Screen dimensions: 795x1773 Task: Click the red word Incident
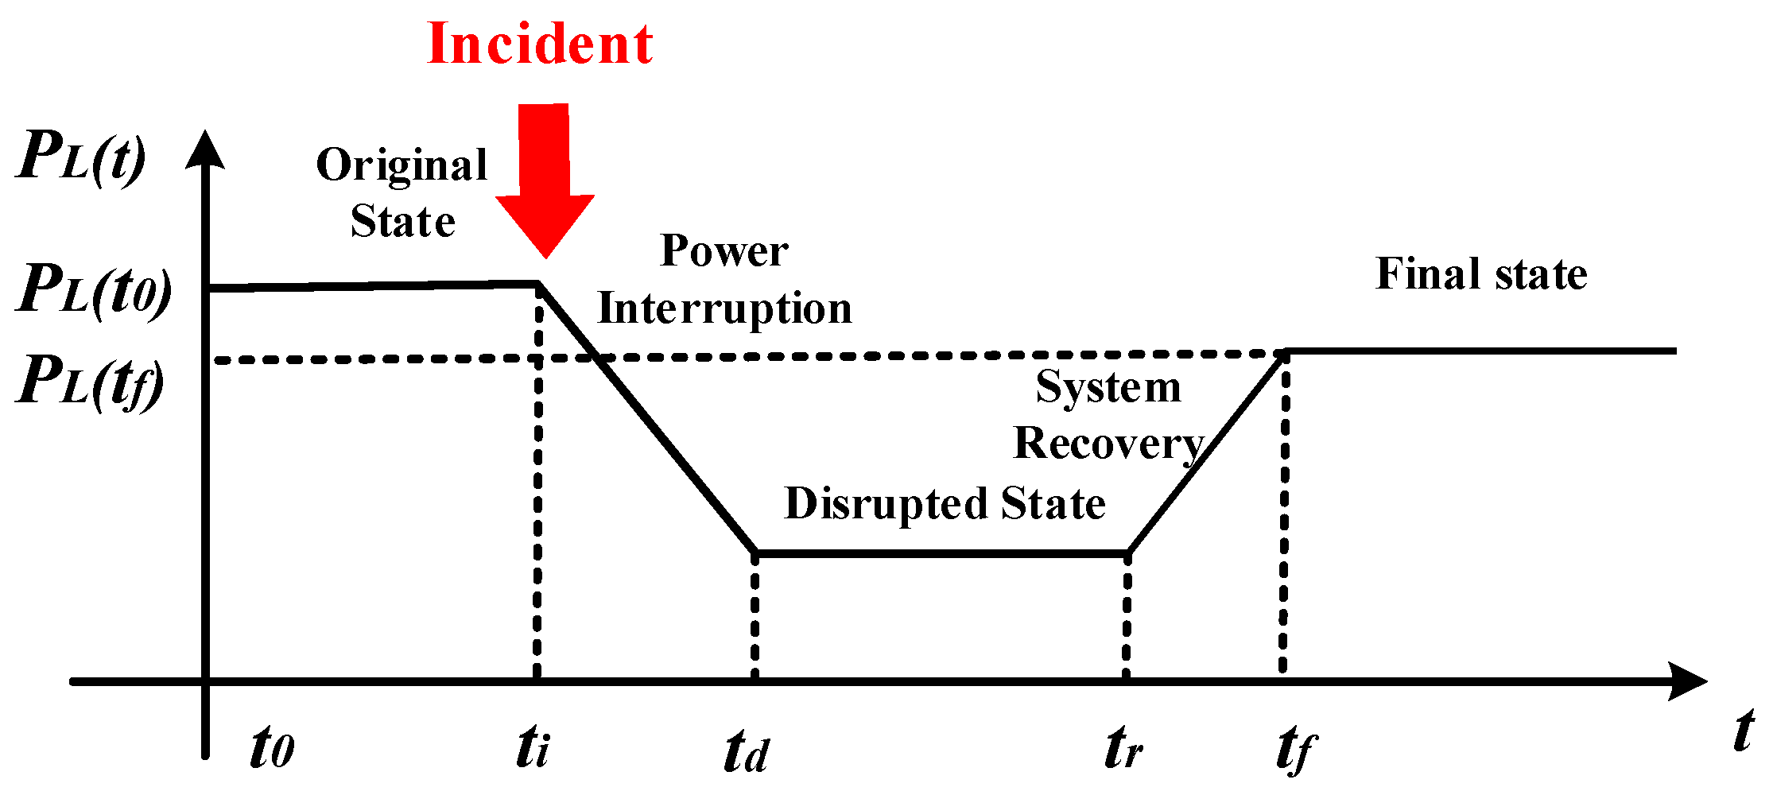540,44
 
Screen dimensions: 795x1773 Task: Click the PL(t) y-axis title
81,157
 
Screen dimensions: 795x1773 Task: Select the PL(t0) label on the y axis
94,289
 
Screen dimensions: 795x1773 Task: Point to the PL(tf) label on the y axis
90,382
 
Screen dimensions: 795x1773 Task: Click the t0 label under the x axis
272,747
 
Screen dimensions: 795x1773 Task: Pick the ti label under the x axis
533,747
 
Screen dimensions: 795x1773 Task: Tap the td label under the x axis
747,750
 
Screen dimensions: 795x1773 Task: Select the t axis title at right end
1743,731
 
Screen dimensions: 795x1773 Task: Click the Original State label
402,193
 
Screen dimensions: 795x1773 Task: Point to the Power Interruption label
724,280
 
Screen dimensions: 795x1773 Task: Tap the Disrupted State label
945,503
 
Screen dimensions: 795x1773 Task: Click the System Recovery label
1109,415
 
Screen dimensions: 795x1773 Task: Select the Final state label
1481,274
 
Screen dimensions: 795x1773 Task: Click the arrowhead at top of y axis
205,149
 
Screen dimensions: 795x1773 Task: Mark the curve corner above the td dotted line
755,553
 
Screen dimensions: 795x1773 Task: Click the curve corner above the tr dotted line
1127,553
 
